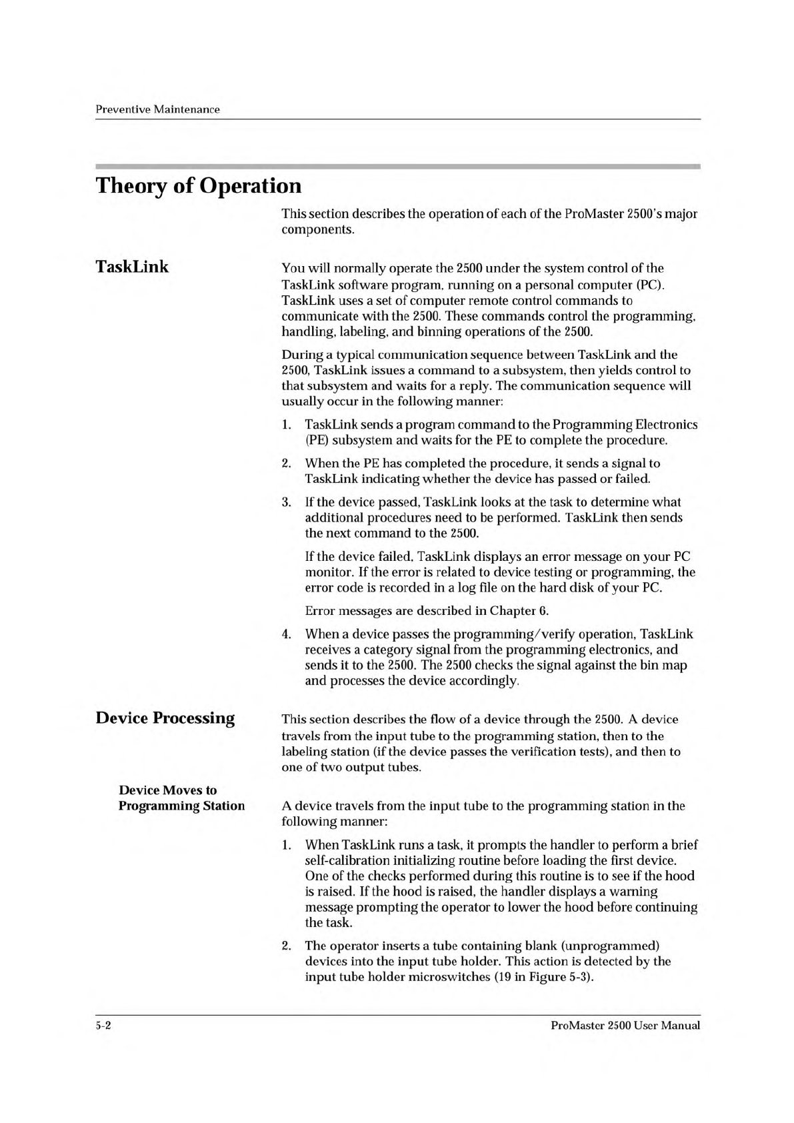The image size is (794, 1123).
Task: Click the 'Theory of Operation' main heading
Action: tap(199, 185)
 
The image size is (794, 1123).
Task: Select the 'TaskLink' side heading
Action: tap(132, 267)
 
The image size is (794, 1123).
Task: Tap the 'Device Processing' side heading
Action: tap(165, 718)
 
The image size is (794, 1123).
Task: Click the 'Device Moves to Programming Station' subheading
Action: tap(181, 798)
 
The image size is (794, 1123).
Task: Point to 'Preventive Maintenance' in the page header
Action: tap(157, 109)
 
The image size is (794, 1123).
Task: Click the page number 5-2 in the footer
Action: tap(103, 1026)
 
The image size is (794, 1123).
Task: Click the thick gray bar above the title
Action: tap(397, 165)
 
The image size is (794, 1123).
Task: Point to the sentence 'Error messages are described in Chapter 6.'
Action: tap(427, 611)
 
